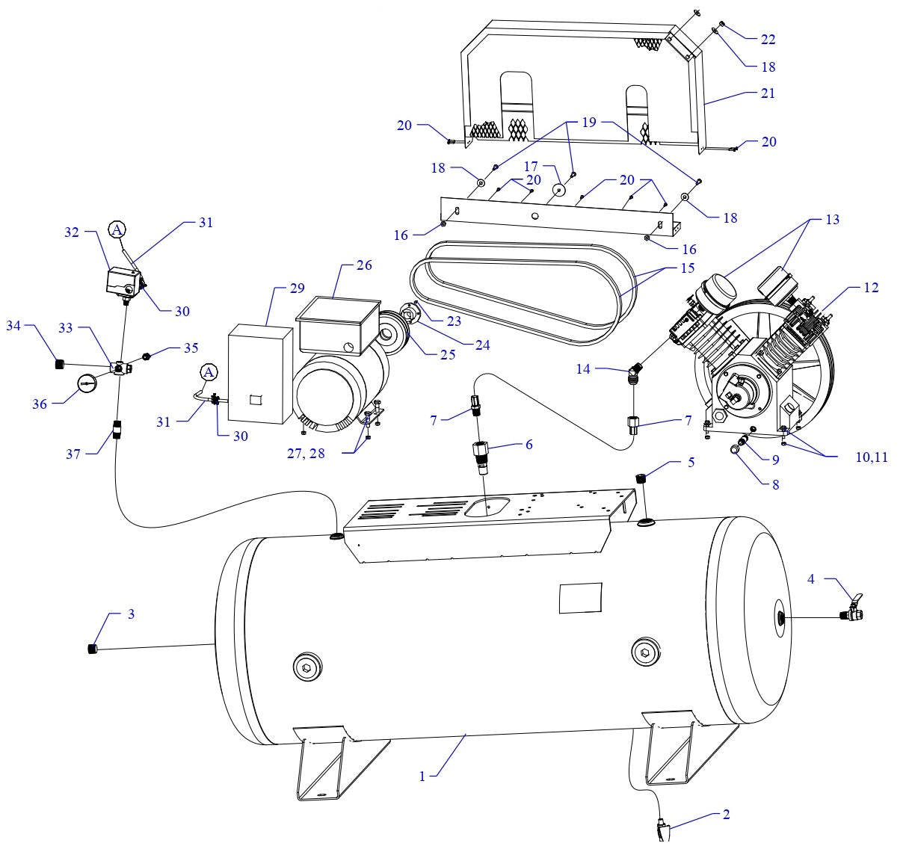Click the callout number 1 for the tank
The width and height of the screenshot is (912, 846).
pos(422,776)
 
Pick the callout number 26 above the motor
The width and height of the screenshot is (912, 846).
pos(364,265)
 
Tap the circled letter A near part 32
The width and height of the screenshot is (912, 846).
pos(117,230)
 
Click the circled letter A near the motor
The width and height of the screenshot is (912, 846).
pos(209,371)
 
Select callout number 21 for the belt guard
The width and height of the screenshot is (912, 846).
pos(768,93)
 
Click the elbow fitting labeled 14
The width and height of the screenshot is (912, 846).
pos(635,371)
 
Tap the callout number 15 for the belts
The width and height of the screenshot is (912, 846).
pos(687,268)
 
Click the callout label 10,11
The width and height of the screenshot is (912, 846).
pos(872,457)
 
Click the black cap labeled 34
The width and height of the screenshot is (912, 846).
pos(59,364)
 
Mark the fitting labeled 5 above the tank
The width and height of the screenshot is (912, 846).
pos(640,478)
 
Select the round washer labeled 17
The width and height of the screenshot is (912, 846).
pos(558,191)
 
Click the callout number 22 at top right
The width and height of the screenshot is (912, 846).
pos(768,39)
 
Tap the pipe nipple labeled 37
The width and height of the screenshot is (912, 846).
pos(117,431)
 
